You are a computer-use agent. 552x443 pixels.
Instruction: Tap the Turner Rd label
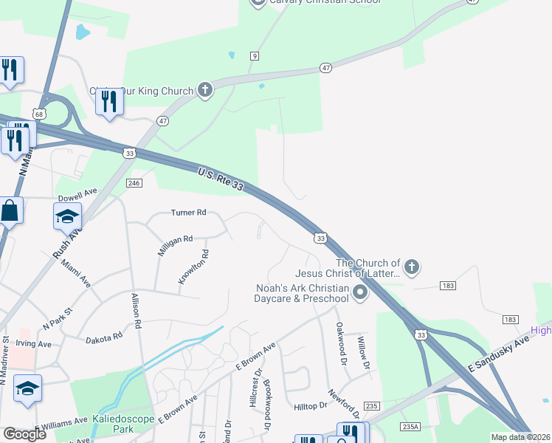tap(188, 213)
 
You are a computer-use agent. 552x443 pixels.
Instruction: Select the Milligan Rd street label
tap(175, 245)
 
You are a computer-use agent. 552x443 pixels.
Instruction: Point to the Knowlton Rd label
tap(193, 267)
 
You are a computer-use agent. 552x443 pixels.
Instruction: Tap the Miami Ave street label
tap(76, 272)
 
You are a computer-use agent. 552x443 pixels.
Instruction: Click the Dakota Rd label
tap(103, 337)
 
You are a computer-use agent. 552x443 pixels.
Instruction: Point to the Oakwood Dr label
tap(340, 343)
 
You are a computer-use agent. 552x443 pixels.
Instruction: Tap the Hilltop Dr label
tap(311, 406)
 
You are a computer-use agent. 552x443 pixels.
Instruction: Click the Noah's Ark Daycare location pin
tap(360, 294)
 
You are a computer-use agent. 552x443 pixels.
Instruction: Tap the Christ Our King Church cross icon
tap(205, 90)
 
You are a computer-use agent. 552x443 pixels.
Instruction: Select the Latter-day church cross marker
tap(412, 267)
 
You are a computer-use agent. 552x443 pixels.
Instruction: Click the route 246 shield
tap(134, 183)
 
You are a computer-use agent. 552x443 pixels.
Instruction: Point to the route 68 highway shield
tap(38, 114)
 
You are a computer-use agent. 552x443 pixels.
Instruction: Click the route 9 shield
tap(255, 56)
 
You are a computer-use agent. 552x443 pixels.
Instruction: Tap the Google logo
tap(25, 433)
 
